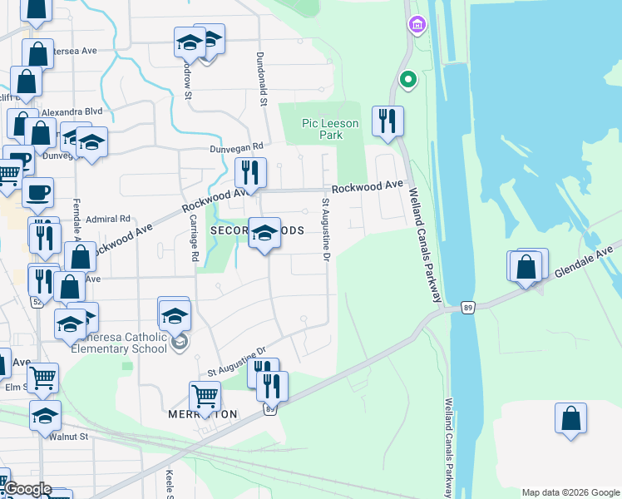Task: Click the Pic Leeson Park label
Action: [x=330, y=129]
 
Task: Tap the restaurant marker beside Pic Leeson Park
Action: [x=388, y=121]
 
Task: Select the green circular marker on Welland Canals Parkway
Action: [x=407, y=80]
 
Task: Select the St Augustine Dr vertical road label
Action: [x=324, y=234]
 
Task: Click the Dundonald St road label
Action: [x=261, y=86]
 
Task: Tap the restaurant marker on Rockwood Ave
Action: [x=250, y=173]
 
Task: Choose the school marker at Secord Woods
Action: [x=264, y=235]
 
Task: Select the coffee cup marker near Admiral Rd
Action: [x=37, y=193]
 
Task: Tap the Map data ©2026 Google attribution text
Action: [x=570, y=492]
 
